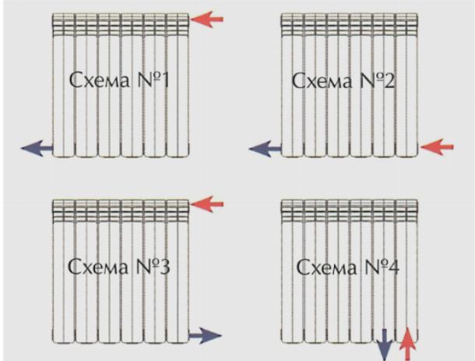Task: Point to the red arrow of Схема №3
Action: coord(206,204)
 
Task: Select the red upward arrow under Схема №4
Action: coord(405,344)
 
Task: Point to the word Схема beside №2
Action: coord(321,80)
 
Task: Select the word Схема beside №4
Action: coord(323,269)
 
